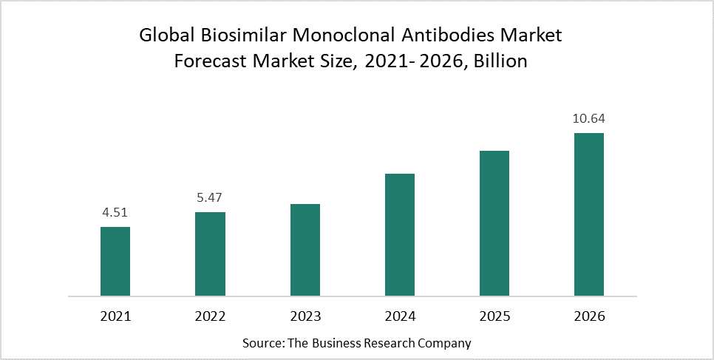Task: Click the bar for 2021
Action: click(x=115, y=262)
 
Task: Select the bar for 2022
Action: click(x=210, y=254)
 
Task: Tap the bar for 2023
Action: click(x=305, y=250)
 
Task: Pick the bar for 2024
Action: click(x=400, y=235)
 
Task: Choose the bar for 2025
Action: click(x=494, y=223)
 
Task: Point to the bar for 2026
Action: click(x=589, y=214)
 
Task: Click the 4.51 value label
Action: click(x=115, y=213)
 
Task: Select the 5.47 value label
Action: click(x=210, y=198)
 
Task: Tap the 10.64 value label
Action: click(x=589, y=119)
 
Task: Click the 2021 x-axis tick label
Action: click(x=115, y=316)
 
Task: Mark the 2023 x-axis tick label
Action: click(x=305, y=316)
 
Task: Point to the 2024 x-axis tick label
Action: click(x=400, y=316)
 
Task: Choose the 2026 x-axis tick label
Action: click(x=589, y=316)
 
